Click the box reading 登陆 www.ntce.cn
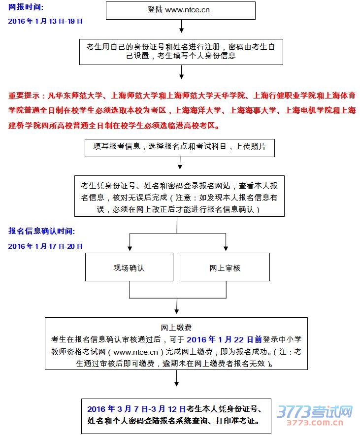[x=181, y=10]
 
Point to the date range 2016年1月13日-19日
[x=45, y=22]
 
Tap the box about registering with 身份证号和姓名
[x=181, y=51]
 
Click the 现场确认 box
[x=129, y=268]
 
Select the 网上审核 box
[x=225, y=268]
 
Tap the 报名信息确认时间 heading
[x=42, y=231]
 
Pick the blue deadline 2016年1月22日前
[x=224, y=339]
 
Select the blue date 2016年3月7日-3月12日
[x=136, y=409]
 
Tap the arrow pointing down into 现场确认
[x=129, y=245]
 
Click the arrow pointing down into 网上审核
[x=226, y=245]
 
